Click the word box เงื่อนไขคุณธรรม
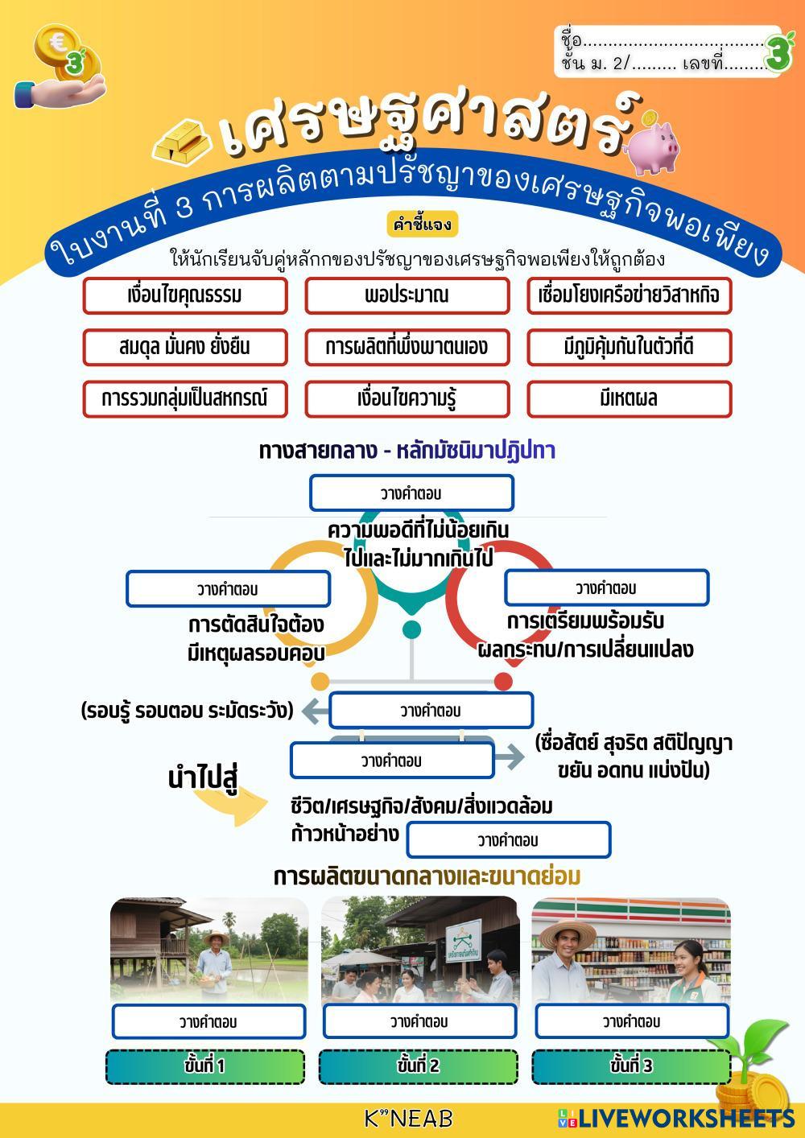point(184,295)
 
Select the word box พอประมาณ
point(407,295)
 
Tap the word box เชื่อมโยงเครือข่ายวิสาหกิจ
point(629,295)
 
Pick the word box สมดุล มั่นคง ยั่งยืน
point(184,347)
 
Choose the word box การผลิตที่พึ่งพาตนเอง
point(407,347)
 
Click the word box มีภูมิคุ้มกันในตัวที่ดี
point(629,347)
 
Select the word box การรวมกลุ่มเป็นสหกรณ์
point(184,398)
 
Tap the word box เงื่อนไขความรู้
point(407,398)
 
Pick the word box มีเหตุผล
point(629,398)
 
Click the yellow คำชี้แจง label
point(423,223)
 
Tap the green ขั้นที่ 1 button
point(205,1066)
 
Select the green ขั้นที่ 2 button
point(419,1066)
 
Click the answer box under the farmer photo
point(208,1022)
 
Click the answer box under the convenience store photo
point(632,1021)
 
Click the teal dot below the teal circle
point(411,629)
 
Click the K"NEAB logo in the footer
point(408,1118)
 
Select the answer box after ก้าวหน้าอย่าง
point(508,840)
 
